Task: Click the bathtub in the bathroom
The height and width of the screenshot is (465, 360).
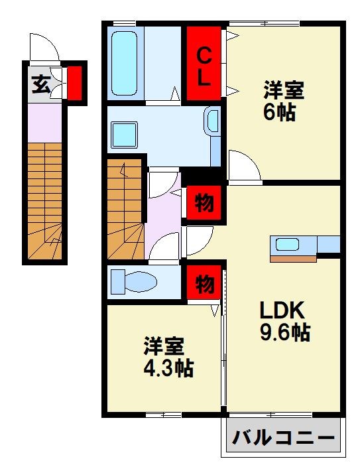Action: coord(124,64)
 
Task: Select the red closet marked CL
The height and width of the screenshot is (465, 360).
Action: coord(204,63)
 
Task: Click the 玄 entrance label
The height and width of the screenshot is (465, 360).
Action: coord(41,84)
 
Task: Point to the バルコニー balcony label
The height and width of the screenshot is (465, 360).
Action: coord(283,437)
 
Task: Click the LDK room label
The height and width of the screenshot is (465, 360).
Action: coord(282,310)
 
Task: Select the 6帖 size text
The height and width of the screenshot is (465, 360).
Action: coord(279,112)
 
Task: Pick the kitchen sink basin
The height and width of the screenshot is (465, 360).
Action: coord(287,244)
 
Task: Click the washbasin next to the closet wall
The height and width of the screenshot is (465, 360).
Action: coord(212,121)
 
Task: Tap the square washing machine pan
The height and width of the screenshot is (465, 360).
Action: coord(125,135)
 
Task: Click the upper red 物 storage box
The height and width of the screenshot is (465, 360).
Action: coord(204,202)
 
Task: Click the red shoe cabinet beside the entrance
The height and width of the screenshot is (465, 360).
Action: coord(74,83)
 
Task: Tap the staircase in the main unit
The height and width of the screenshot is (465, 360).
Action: coord(125,209)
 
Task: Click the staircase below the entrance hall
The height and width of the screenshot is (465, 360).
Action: coord(45,201)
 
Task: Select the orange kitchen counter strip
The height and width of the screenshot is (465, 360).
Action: coord(293,259)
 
